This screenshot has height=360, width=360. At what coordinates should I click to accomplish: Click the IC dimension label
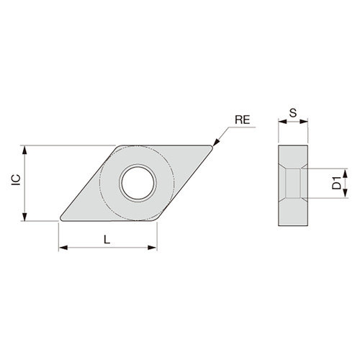(16, 183)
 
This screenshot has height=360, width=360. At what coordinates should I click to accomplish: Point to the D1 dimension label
(336, 183)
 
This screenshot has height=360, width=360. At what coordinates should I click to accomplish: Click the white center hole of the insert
(137, 182)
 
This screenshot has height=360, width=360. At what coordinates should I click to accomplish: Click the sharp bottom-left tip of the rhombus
(60, 218)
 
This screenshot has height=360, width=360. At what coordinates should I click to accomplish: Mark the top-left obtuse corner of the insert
(117, 148)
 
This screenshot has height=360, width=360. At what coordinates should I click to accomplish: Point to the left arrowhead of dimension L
(61, 248)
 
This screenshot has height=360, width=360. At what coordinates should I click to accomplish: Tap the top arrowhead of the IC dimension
(26, 150)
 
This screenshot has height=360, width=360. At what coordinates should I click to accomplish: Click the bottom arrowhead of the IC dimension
(26, 217)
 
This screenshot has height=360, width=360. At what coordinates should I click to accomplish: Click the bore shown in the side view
(293, 183)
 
